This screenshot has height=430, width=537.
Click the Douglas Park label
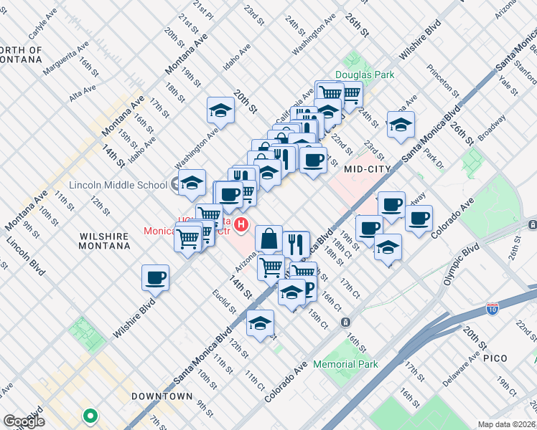[x=365, y=75]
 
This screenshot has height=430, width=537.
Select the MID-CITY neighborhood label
[x=367, y=169]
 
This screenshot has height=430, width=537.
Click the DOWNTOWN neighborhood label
[x=162, y=396]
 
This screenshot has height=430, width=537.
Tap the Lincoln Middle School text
[x=118, y=185]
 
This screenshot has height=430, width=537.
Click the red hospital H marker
[x=242, y=224]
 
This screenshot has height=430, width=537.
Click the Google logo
[x=24, y=421]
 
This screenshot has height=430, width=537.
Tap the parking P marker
[x=309, y=288]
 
